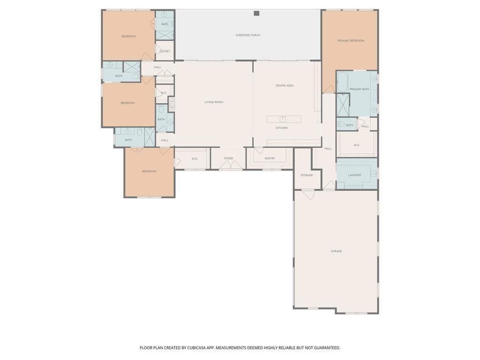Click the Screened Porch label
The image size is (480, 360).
point(248,35)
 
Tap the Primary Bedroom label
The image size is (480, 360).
point(350,41)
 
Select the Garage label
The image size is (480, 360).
point(336,251)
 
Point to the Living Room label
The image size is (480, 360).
point(213,102)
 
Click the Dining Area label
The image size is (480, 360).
point(285,85)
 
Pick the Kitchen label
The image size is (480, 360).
point(281,127)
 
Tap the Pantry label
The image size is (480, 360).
point(270,158)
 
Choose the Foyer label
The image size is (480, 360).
point(228,158)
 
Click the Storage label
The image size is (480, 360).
point(307,175)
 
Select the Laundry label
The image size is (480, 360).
point(354,175)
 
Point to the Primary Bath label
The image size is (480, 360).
point(359,89)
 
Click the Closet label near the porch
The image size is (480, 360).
point(165,51)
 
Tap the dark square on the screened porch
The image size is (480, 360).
point(256,13)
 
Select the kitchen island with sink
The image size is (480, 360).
point(284,119)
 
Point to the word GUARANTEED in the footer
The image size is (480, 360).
point(325,348)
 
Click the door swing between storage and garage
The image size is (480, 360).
point(308,194)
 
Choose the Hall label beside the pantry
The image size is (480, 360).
point(328,149)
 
